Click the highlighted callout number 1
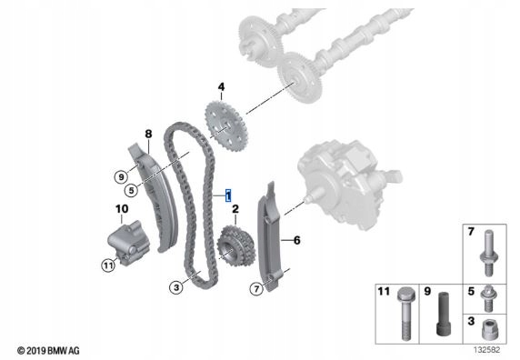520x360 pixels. pyautogui.click(x=229, y=195)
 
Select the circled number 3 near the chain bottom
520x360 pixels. pyautogui.click(x=176, y=287)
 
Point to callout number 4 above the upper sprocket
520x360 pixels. pyautogui.click(x=220, y=88)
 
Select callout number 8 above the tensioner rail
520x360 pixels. pyautogui.click(x=147, y=135)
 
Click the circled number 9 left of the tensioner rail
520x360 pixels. pyautogui.click(x=119, y=175)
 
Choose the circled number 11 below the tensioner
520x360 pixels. pyautogui.click(x=106, y=265)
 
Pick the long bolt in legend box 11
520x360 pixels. pyautogui.click(x=404, y=314)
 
